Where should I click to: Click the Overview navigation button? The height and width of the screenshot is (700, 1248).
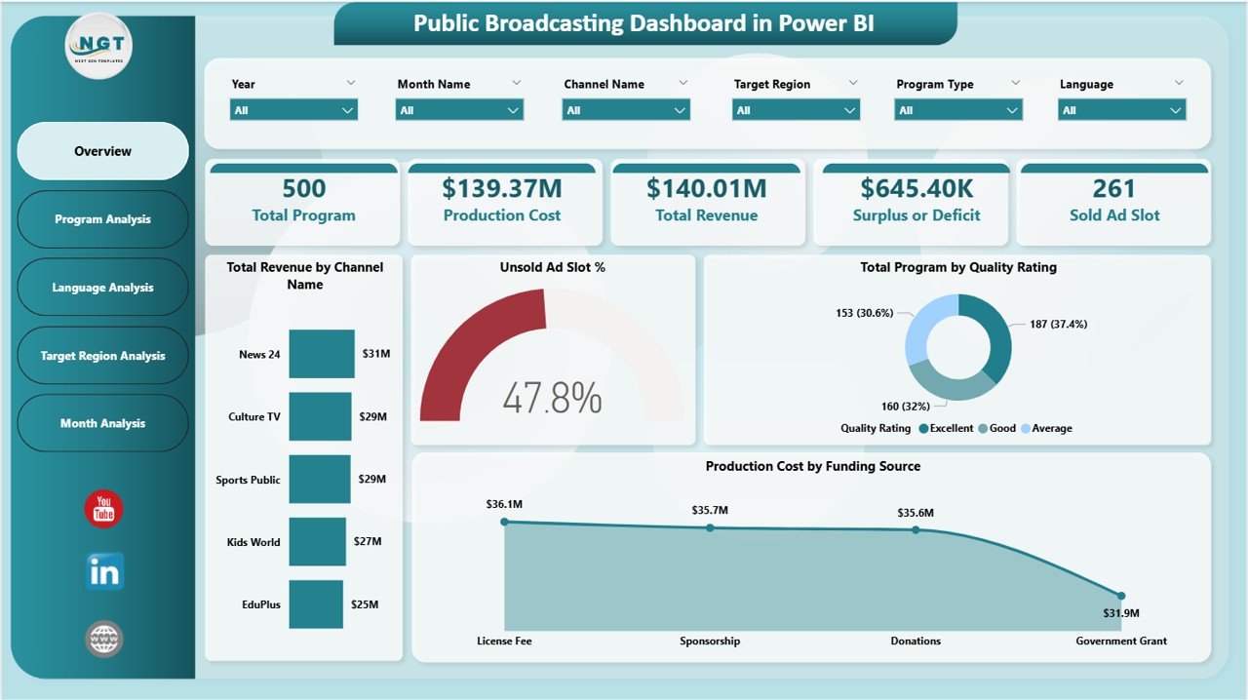pos(102,151)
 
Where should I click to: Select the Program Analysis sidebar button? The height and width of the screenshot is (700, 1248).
pos(102,219)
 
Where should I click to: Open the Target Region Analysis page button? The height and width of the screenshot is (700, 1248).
pos(102,356)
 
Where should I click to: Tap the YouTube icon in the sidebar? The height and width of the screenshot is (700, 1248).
pos(103,509)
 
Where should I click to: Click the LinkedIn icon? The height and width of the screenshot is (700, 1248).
pos(103,573)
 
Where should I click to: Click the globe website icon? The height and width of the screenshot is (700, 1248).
pos(103,640)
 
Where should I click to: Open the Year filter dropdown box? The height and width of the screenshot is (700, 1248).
pos(293,110)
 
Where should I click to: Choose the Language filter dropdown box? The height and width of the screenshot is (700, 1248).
pos(1121,110)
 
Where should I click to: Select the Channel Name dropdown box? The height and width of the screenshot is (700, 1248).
pos(626,110)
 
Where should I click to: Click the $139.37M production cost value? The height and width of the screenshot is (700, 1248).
pos(501,188)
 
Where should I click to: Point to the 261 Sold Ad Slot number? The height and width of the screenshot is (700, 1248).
pos(1113,188)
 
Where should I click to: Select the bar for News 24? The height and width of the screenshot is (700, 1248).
pos(322,354)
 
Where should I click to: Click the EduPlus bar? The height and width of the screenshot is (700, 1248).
pos(316,604)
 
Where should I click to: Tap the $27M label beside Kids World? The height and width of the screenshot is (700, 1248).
pos(368,542)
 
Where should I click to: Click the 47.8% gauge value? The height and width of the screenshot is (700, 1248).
pos(552,398)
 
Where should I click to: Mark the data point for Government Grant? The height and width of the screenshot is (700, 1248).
pos(1121,596)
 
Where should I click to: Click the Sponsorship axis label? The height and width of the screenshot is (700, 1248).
pos(710,641)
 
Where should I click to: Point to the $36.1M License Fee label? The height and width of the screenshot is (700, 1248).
pos(504,504)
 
